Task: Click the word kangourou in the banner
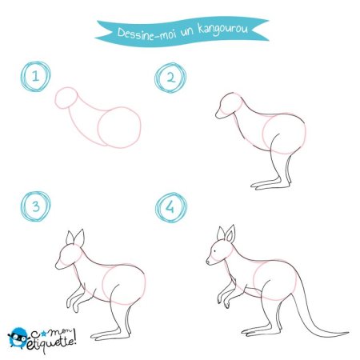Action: pos(223,29)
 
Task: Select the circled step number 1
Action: pos(36,77)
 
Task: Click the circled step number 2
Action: pos(170,78)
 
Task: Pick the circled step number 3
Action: pos(36,206)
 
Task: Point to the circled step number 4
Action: pos(171,207)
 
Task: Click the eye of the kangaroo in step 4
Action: pos(215,250)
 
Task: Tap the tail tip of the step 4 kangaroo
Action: pos(347,333)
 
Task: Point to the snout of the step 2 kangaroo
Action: pos(220,114)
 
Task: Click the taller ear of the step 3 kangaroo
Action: pos(80,238)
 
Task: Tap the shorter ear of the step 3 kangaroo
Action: pos(70,238)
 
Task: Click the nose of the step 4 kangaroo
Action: pos(208,262)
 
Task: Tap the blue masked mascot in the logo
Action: pos(18,338)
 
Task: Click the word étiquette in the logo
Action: pos(51,342)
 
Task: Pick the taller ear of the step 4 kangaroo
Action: pos(230,234)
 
